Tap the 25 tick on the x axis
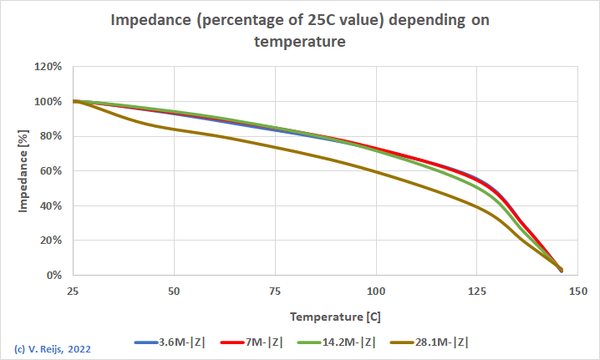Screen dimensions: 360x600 coord(74,291)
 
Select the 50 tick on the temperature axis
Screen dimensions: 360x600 coord(175,291)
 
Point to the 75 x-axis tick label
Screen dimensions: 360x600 coord(276,291)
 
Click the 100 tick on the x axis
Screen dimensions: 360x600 coord(376,291)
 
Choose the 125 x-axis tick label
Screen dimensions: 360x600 coord(477,291)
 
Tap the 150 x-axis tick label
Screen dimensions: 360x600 coord(578,291)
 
